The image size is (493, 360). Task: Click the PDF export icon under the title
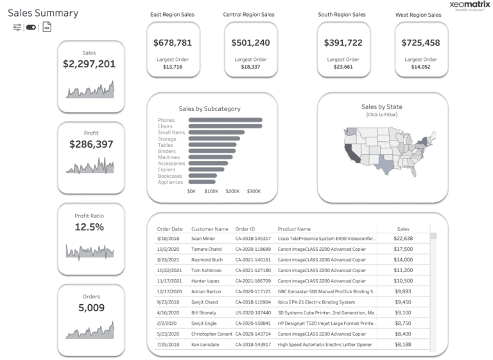(x=47, y=28)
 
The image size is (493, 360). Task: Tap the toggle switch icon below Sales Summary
(x=31, y=28)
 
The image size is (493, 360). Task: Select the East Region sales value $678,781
(x=173, y=43)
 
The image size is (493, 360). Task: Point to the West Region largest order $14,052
(x=420, y=67)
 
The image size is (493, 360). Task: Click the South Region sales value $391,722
(x=343, y=43)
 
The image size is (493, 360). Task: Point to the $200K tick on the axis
(x=232, y=191)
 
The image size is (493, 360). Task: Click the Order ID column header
(x=245, y=229)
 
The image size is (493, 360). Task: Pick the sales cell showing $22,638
(x=402, y=238)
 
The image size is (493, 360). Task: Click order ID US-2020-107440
(x=254, y=313)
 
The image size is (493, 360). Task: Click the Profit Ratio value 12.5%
(x=89, y=227)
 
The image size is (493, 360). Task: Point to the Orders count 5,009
(x=91, y=308)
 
